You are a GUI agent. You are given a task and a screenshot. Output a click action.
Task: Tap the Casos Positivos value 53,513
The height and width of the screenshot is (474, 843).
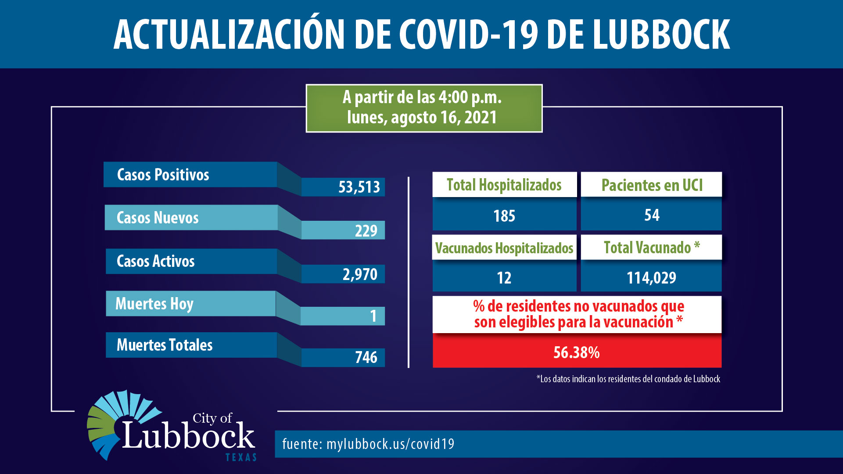[x=359, y=187]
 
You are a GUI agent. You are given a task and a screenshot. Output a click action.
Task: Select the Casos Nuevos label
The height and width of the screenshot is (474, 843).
[x=158, y=218]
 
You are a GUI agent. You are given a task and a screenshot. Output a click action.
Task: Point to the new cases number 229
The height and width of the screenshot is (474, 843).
[x=366, y=230]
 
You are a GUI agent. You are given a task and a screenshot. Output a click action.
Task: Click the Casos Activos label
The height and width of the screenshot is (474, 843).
[x=155, y=261]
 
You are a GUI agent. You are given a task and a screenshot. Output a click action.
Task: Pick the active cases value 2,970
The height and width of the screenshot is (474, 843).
[x=360, y=274]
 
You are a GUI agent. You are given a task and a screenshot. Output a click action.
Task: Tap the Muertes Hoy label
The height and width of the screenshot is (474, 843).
[x=154, y=304]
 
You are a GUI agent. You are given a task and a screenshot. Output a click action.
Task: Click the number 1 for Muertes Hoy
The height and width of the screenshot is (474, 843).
[x=373, y=316]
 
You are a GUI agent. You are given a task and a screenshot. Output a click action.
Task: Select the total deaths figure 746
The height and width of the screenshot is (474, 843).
[x=366, y=357]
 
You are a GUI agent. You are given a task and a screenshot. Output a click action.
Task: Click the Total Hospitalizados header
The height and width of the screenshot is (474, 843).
[x=504, y=185]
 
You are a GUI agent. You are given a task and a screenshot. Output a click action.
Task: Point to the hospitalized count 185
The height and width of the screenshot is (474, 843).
[x=504, y=216]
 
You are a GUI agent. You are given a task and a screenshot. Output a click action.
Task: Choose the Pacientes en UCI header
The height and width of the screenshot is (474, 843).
[x=652, y=185]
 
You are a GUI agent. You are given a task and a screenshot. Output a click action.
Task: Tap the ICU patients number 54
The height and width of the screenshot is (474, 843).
[x=652, y=215]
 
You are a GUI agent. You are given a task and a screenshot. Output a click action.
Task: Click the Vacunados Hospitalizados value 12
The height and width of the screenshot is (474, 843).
[x=504, y=278]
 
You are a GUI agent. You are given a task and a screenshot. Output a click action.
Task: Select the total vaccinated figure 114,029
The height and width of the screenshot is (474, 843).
[x=651, y=278]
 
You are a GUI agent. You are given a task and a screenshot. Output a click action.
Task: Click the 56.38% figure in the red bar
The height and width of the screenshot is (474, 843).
[x=577, y=352]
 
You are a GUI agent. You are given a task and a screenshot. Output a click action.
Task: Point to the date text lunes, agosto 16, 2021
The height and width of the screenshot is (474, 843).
[x=422, y=118]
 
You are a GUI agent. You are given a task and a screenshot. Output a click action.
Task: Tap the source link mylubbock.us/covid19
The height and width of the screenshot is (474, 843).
[x=391, y=444]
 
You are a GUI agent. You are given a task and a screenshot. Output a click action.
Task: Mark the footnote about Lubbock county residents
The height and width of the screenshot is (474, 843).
[x=628, y=379]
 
